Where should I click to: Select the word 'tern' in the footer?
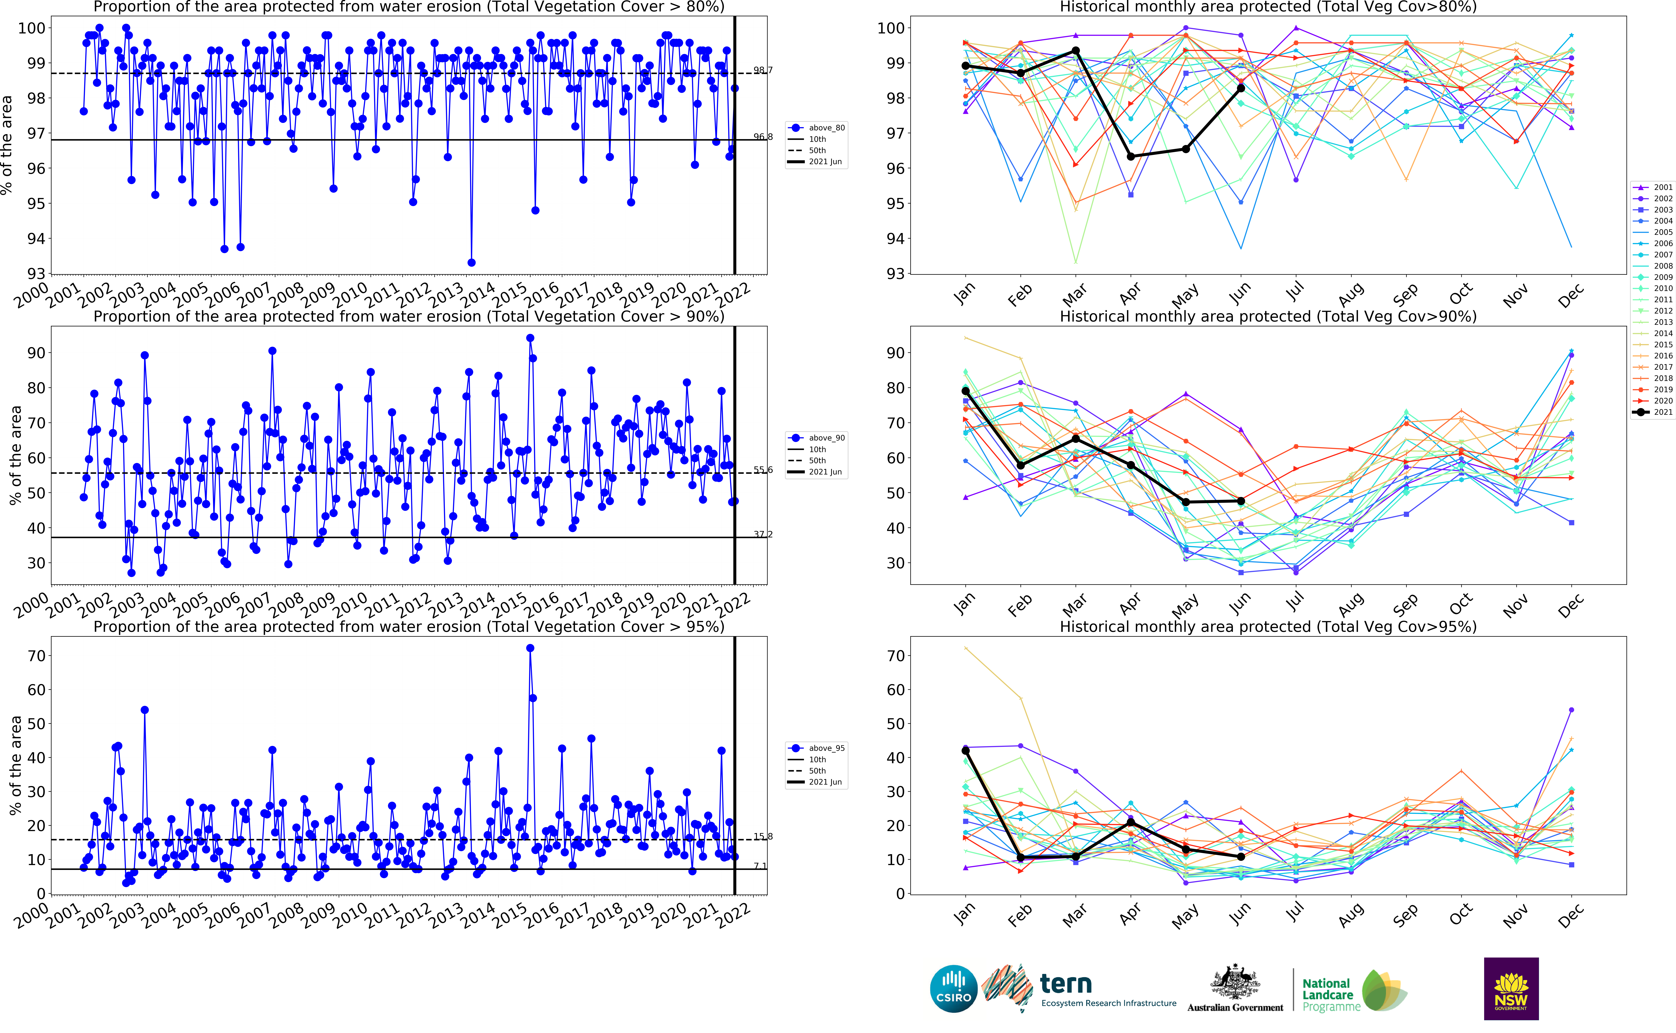point(1065,984)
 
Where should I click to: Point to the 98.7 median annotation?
point(763,70)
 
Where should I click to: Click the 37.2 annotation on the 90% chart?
point(763,534)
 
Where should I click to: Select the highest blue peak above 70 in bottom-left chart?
point(530,648)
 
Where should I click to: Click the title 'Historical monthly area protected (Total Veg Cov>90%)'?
point(1268,316)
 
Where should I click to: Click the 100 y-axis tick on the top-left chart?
point(31,28)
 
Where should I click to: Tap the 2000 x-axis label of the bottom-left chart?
point(31,915)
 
